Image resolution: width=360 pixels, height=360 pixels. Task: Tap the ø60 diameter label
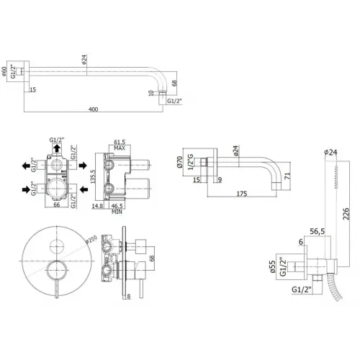pos(7,73)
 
